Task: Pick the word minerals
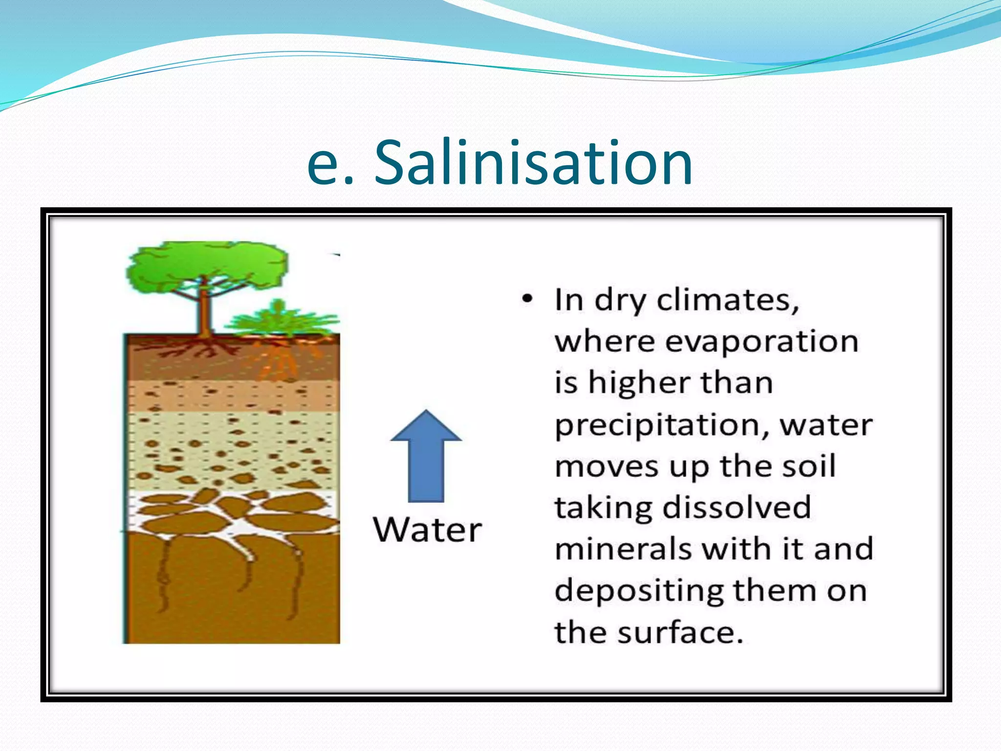(623, 549)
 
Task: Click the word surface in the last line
(680, 632)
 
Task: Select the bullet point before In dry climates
(527, 299)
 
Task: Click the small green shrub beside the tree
(279, 318)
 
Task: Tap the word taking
(604, 508)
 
